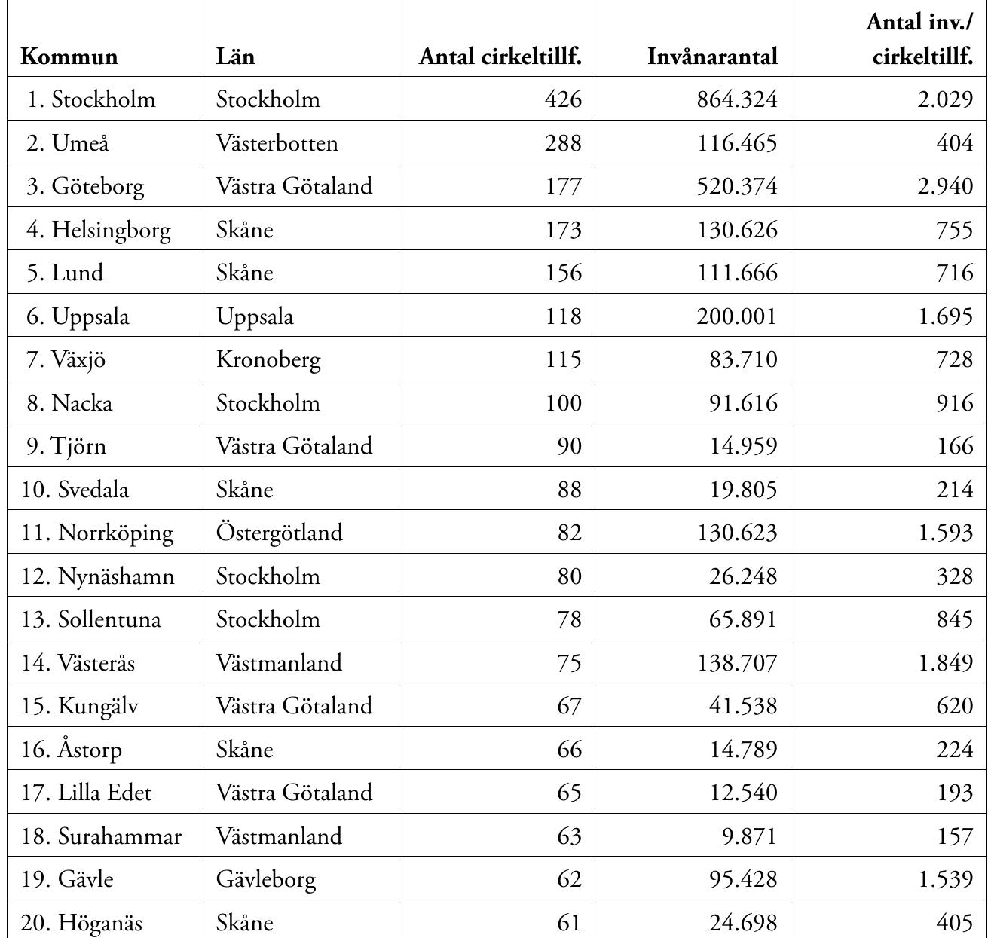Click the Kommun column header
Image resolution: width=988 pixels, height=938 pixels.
tap(69, 57)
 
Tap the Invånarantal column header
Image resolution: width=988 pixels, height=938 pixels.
tap(712, 57)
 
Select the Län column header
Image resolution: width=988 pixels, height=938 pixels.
tap(235, 57)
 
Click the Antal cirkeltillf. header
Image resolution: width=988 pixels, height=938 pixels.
tap(500, 57)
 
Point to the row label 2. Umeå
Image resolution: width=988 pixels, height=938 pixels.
tap(68, 142)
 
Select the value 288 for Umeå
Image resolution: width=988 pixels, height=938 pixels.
tap(563, 142)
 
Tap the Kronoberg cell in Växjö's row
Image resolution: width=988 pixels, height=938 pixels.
tap(268, 359)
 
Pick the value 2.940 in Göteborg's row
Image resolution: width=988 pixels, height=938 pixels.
tap(945, 186)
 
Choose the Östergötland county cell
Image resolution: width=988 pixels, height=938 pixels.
tap(279, 533)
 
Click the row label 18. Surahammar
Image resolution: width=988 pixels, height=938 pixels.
tap(101, 836)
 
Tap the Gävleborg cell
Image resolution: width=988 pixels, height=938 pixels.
tap(266, 879)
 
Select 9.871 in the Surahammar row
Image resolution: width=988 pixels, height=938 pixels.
tap(748, 836)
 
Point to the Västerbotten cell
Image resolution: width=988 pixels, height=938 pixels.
tap(277, 142)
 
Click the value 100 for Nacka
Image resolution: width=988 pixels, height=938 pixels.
tap(563, 402)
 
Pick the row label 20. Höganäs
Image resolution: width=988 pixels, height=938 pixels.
tap(81, 923)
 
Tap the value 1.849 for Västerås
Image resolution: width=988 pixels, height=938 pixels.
tap(945, 663)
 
